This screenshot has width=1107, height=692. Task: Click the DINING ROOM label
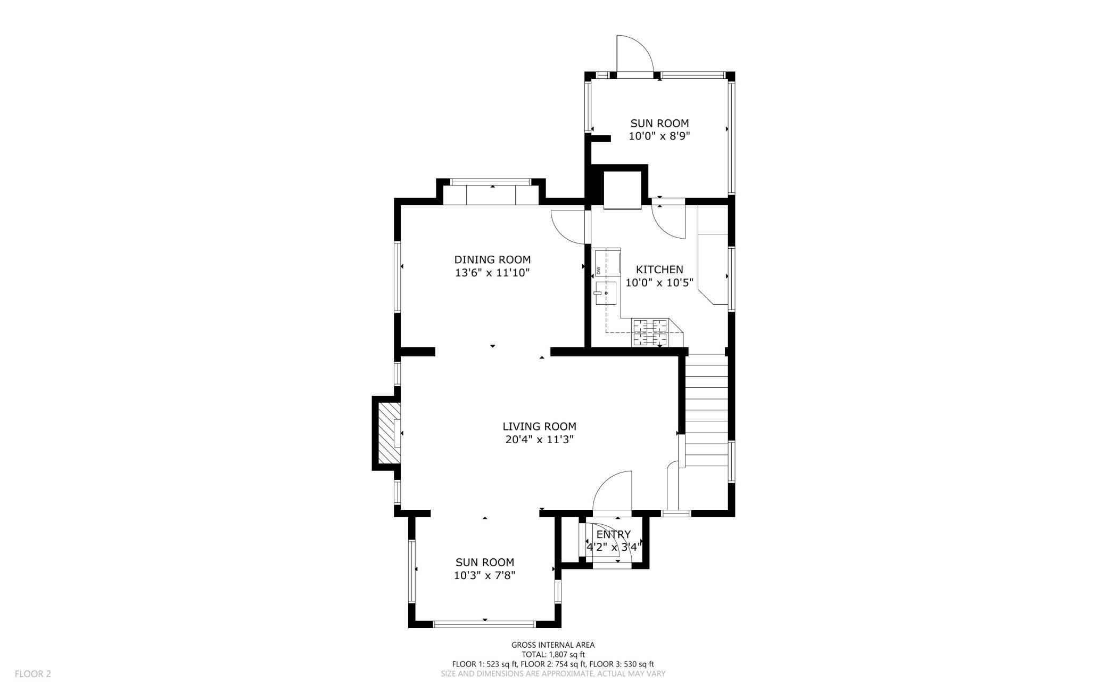(492, 260)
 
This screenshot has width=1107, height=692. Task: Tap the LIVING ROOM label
(539, 427)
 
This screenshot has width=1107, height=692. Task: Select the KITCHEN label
(659, 270)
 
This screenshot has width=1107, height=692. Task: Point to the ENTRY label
(614, 534)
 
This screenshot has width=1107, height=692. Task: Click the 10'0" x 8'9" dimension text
(659, 136)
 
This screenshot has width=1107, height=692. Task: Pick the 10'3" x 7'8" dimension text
(484, 575)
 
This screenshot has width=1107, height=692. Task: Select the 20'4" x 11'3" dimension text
(539, 440)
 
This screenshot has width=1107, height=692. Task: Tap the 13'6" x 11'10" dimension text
(492, 273)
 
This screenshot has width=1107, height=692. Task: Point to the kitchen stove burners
(649, 332)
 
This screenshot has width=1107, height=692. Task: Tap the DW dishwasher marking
(598, 270)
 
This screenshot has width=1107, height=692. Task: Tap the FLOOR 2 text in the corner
(33, 674)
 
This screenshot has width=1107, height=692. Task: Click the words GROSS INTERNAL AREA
(553, 645)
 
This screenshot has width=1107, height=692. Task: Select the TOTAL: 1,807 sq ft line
(553, 655)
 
